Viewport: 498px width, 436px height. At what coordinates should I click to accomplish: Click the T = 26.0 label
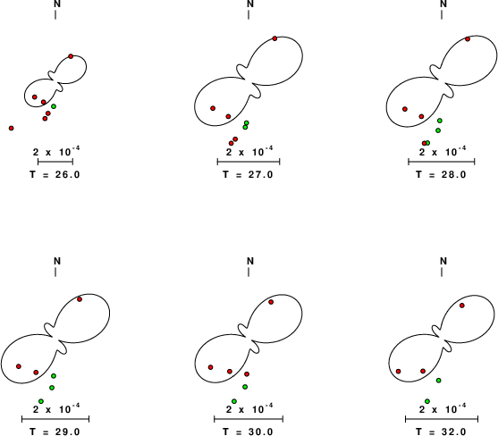55,174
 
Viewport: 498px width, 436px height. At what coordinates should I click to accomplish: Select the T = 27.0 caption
248,174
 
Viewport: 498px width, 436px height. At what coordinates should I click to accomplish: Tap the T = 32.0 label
441,432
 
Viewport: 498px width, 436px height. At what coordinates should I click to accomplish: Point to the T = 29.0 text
55,432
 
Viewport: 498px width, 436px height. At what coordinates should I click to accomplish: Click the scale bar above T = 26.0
55,162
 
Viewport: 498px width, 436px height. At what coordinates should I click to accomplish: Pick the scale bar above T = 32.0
442,419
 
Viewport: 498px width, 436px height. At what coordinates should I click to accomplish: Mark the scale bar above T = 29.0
55,419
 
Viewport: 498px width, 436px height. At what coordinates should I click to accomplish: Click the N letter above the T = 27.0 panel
250,4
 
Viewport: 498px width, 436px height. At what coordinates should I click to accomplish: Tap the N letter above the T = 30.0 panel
250,261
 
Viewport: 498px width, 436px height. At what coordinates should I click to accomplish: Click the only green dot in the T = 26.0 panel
54,106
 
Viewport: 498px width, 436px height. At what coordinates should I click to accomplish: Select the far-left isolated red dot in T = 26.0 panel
11,128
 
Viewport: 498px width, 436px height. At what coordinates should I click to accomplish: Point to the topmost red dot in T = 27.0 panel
274,38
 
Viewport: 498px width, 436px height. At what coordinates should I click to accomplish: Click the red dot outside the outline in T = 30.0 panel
247,374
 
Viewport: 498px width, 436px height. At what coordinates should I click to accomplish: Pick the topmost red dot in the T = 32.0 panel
462,306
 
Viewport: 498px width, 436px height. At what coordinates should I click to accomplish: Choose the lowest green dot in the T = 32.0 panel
427,401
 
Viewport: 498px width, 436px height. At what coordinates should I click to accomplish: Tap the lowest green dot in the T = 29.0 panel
41,401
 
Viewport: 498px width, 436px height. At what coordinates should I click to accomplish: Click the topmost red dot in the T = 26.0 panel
71,56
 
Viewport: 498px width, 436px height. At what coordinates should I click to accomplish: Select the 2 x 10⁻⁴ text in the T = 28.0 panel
443,151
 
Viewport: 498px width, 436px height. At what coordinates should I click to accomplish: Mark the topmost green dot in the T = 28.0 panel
440,121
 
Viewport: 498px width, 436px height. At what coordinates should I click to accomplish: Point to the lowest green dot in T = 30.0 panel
234,401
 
